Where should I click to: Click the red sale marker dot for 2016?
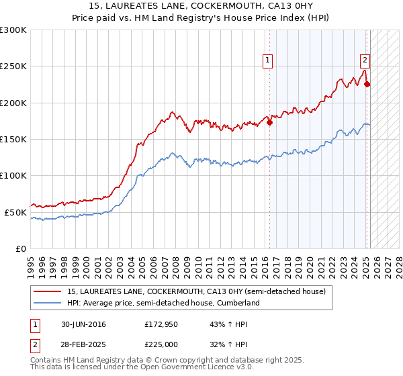point(269,123)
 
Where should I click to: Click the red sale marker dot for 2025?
point(367,85)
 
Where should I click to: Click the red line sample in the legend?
point(47,291)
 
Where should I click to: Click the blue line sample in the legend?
point(47,303)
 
